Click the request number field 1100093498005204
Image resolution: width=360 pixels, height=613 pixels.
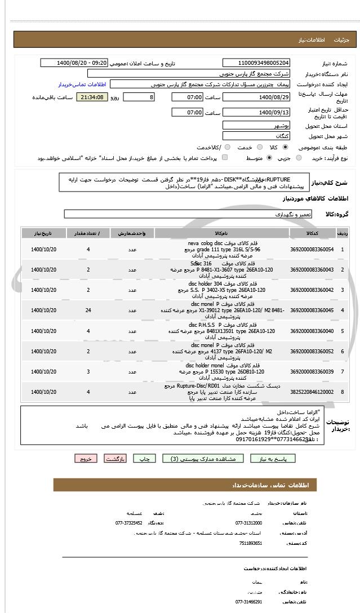256,63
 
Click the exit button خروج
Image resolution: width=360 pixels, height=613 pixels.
86,459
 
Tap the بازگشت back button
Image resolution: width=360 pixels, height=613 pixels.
115,459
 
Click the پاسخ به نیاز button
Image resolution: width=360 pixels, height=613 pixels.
281,459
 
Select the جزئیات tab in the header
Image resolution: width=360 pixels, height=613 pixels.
341,41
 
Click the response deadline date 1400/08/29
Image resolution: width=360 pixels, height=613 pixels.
256,97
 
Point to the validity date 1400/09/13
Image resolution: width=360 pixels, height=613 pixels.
256,113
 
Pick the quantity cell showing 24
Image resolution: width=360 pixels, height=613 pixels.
88,310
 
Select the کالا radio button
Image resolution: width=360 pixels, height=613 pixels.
285,146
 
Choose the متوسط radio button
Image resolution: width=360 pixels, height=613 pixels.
270,158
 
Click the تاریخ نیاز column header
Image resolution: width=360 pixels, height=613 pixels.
44,233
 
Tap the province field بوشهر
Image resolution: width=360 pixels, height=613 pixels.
256,126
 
